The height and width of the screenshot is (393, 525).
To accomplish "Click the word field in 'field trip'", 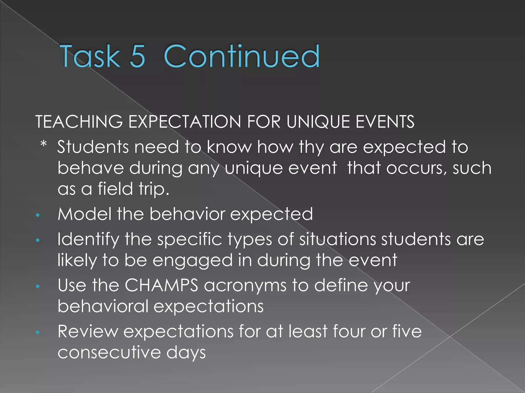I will (115, 189).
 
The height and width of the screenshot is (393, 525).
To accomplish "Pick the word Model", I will (84, 214).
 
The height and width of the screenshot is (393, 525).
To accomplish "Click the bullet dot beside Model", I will (38, 215).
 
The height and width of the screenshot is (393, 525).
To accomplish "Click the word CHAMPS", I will (161, 285).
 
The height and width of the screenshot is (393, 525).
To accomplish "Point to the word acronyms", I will (245, 286).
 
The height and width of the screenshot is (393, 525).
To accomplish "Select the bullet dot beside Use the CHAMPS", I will (38, 287).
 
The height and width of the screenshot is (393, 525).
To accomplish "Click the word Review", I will (88, 331).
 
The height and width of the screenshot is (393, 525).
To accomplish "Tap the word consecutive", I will (109, 352).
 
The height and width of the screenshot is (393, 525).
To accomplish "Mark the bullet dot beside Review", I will (38, 333).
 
